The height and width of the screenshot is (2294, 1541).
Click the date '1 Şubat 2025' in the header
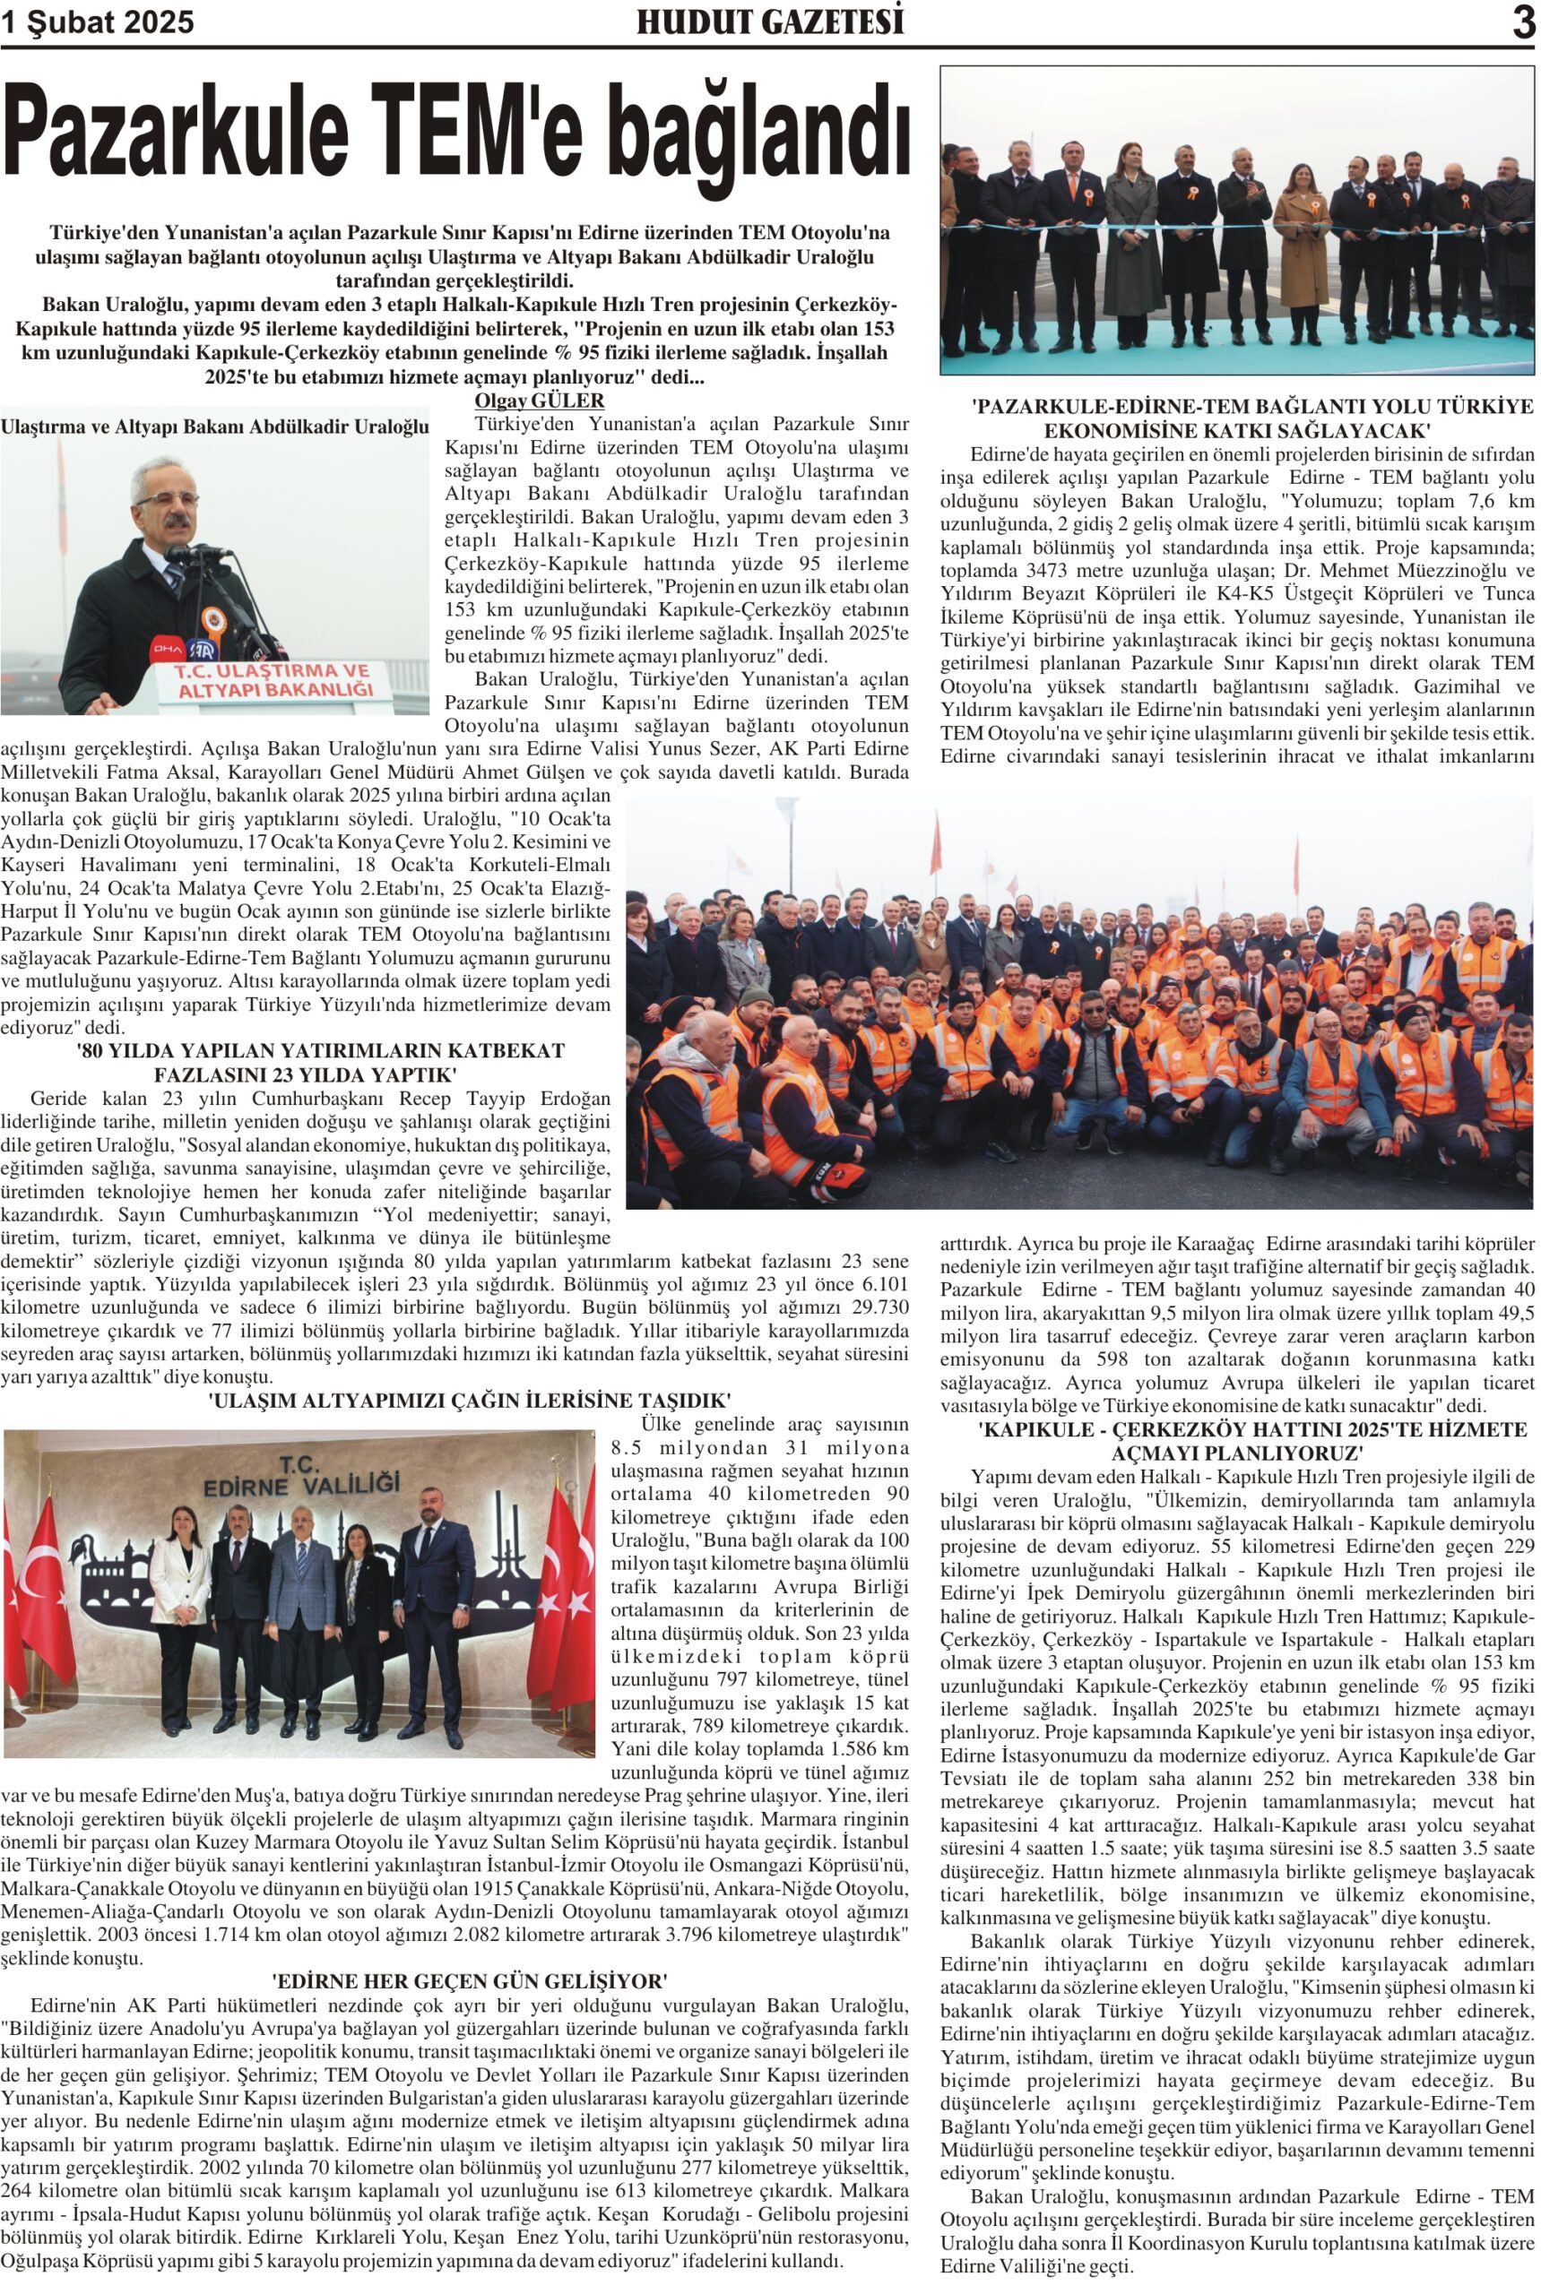tap(99, 22)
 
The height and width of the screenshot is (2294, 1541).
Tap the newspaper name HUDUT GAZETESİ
tap(769, 22)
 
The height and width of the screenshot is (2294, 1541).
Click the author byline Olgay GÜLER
tap(539, 401)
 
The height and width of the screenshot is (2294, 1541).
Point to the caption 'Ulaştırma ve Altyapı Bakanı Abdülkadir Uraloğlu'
tap(215, 427)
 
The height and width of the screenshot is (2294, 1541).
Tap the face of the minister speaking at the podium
tap(167, 506)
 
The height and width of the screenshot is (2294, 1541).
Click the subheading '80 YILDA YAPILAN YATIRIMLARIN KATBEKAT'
tap(320, 1050)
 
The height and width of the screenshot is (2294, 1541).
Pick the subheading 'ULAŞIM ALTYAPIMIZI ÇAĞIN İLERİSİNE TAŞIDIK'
tap(470, 1400)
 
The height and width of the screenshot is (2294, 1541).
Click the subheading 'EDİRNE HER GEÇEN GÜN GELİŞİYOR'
tap(470, 1980)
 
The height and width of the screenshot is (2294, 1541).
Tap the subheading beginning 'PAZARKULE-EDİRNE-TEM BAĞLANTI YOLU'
tap(1238, 406)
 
